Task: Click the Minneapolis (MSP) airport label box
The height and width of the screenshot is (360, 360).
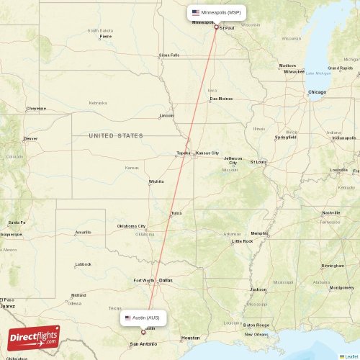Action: pos(216,12)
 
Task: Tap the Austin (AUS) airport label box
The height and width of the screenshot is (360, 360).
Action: pos(145,318)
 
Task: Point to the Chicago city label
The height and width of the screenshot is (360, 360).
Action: pos(317,92)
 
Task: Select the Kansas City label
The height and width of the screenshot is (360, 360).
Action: pos(207,153)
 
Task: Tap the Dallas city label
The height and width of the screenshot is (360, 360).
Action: pos(166,280)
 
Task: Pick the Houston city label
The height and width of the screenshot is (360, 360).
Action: pos(190,337)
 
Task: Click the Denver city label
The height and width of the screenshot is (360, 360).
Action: pos(30,138)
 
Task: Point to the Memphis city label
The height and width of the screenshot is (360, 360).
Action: pos(259,233)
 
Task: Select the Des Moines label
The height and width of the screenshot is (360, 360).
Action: pos(221,98)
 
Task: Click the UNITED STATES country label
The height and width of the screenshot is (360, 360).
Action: pos(116,135)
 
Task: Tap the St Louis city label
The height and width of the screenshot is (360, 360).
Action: pos(258,161)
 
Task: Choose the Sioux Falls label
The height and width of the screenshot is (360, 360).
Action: pos(169,55)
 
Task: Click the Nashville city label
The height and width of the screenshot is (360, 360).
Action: pos(331,212)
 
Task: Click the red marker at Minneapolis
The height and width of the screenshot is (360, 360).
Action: pos(215,27)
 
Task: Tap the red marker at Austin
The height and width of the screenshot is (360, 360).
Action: pos(143,332)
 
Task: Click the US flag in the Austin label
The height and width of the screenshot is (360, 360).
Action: pos(128,318)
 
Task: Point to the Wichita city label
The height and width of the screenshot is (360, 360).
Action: pos(156,181)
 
